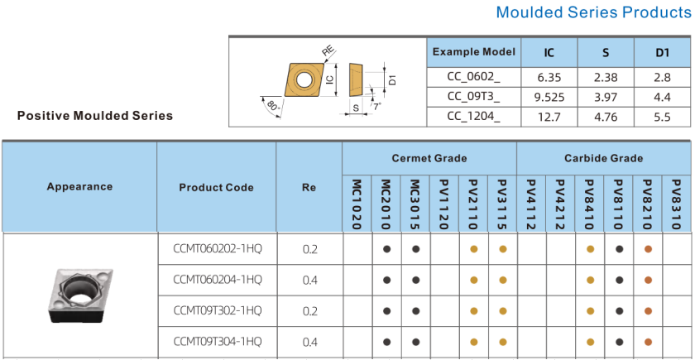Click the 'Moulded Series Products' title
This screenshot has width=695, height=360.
[x=593, y=12]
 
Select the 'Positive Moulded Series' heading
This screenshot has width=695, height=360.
[x=95, y=116]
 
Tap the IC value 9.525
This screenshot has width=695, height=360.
[x=549, y=97]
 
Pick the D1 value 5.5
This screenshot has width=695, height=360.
[x=662, y=117]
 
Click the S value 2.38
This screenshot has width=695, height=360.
[x=606, y=78]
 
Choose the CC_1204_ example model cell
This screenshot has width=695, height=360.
[x=474, y=117]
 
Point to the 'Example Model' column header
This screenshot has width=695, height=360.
[x=474, y=52]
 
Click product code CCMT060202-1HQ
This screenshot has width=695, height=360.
[x=217, y=249]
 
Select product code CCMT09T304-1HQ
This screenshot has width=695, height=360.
[x=217, y=342]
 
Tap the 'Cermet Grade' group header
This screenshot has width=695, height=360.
[x=429, y=158]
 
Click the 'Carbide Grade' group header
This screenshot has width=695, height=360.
[x=603, y=158]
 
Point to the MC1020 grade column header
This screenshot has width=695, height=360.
[x=357, y=204]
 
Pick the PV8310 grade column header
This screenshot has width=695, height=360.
[x=676, y=204]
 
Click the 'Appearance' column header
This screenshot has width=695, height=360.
[x=79, y=187]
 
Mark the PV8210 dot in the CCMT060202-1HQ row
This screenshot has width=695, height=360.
[x=648, y=249]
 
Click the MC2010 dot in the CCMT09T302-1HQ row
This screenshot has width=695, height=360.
[x=386, y=311]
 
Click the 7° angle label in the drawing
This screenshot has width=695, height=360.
[x=376, y=107]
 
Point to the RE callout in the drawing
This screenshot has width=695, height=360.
[x=328, y=50]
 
